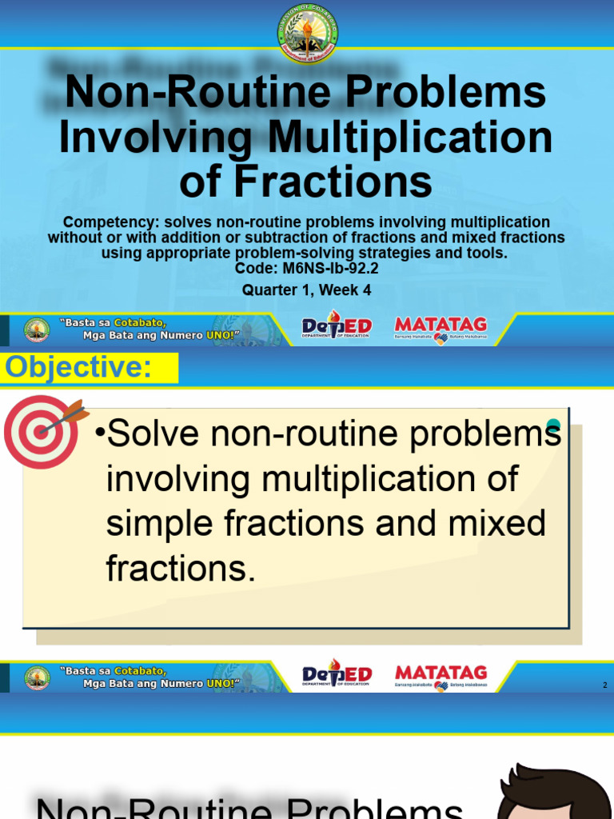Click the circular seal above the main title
tap(308, 34)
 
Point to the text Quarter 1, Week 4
tap(307, 290)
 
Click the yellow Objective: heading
tap(78, 368)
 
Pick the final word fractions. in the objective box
tap(181, 569)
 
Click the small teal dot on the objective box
tap(552, 425)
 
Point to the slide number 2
tap(605, 685)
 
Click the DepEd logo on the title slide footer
tap(336, 328)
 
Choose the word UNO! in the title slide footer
tap(221, 336)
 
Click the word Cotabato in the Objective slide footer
tap(139, 670)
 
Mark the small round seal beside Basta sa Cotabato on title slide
tap(37, 330)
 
